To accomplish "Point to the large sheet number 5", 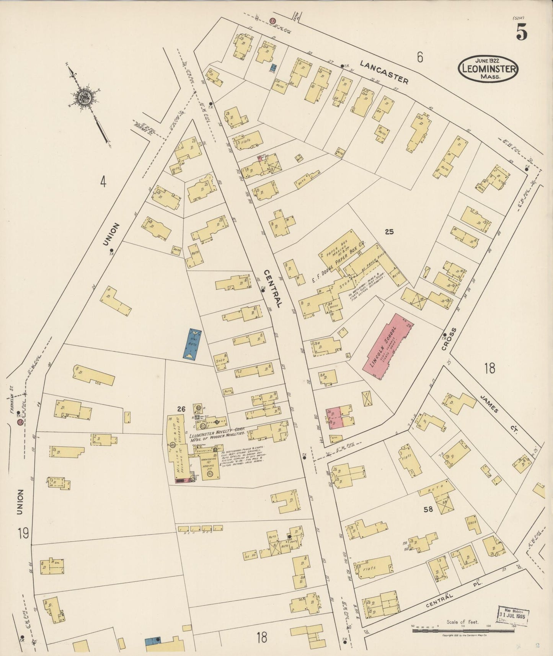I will pos(522,32).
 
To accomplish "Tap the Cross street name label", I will pos(453,338).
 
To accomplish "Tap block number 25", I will pos(389,232).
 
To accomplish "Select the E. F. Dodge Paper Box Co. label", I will pos(338,262).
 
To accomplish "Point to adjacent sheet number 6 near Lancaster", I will pos(420,57).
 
